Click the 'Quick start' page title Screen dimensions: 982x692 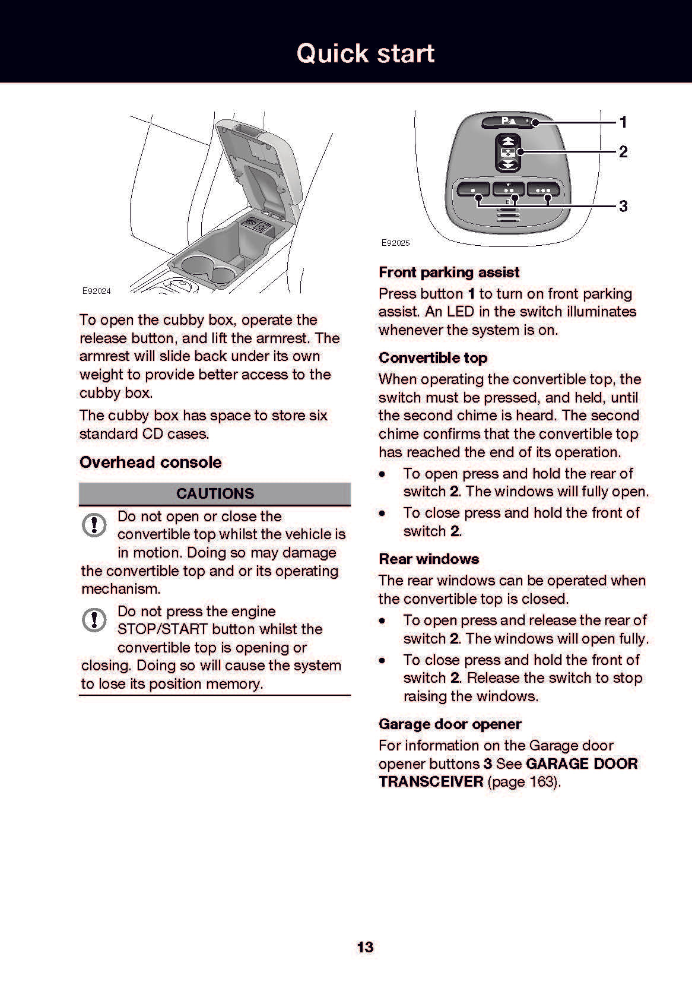[x=365, y=53]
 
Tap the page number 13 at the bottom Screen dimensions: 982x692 [x=365, y=946]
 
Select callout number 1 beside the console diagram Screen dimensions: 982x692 [x=623, y=122]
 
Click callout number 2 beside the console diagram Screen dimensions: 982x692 [x=623, y=152]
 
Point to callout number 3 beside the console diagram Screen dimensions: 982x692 [x=623, y=206]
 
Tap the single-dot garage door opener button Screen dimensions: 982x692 [x=472, y=190]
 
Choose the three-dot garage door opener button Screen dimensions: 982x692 [x=543, y=190]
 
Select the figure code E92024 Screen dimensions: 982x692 [x=96, y=291]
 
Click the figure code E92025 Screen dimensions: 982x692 [x=395, y=243]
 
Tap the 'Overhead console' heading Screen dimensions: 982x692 [x=151, y=463]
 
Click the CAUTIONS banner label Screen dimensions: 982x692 [x=215, y=494]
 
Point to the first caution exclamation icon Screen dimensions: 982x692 [x=94, y=525]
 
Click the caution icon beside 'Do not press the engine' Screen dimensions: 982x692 [x=94, y=620]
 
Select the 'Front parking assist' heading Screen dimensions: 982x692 [x=449, y=273]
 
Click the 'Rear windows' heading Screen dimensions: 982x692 [x=428, y=559]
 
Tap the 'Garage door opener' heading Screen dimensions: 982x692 [x=450, y=724]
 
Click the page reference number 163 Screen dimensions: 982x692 [x=541, y=781]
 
